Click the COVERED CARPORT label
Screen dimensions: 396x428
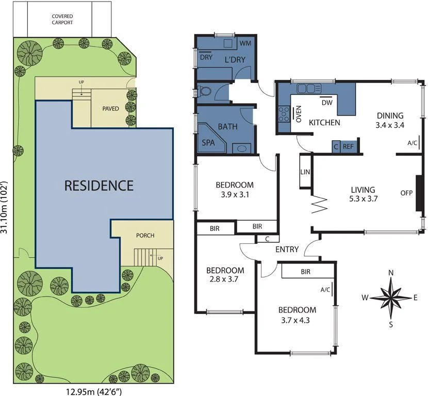click(62, 20)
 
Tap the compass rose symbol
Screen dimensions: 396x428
click(391, 298)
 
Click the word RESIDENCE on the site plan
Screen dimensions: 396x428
click(98, 186)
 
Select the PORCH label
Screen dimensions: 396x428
click(145, 236)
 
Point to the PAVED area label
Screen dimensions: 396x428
click(110, 109)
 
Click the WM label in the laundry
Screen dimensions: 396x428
click(245, 44)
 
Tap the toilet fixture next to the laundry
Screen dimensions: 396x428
click(205, 92)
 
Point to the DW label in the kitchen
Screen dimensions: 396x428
click(326, 103)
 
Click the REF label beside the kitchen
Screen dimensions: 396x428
click(349, 147)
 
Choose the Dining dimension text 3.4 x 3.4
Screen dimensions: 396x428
click(389, 125)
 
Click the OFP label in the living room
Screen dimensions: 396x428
click(407, 193)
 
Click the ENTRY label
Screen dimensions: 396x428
click(287, 250)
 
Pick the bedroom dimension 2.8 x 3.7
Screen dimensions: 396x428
click(225, 279)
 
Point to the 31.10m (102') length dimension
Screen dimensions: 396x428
click(6, 207)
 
